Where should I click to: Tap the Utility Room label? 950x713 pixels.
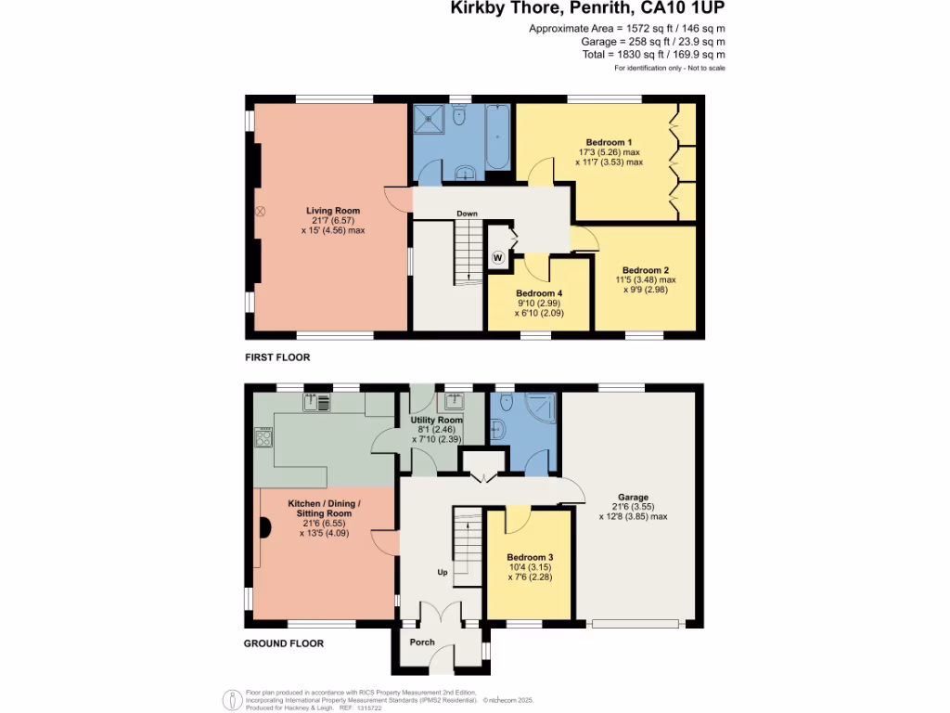[x=436, y=421]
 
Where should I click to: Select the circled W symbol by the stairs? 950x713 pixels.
[x=498, y=257]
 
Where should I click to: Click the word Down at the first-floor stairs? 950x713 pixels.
[x=467, y=214]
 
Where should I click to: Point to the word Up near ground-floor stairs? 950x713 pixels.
[x=443, y=573]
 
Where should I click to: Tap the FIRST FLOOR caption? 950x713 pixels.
[x=277, y=357]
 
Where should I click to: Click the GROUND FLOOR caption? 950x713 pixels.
[x=284, y=643]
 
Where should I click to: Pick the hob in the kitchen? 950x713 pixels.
[x=263, y=437]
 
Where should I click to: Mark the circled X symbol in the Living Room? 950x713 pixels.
[x=261, y=212]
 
